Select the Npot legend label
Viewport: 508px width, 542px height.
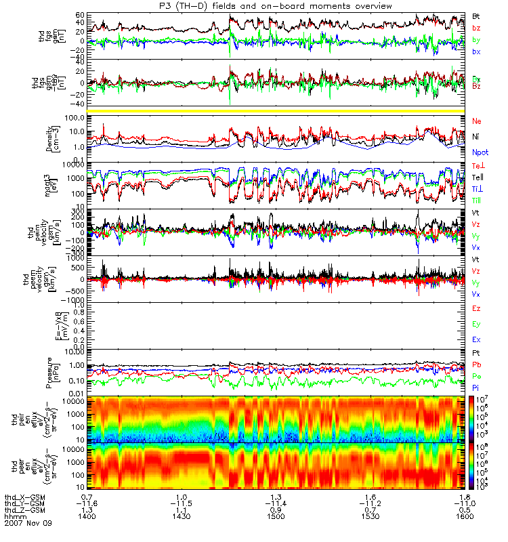point(479,154)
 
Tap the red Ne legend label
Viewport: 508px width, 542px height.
point(477,121)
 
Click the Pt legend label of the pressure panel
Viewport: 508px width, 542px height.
point(475,354)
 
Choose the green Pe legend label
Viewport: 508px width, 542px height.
point(476,376)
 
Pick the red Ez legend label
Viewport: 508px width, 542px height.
point(476,308)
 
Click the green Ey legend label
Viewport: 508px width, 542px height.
point(476,323)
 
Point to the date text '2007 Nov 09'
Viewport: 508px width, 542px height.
point(27,524)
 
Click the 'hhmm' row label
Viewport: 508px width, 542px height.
point(14,517)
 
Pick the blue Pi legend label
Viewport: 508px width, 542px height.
point(475,387)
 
